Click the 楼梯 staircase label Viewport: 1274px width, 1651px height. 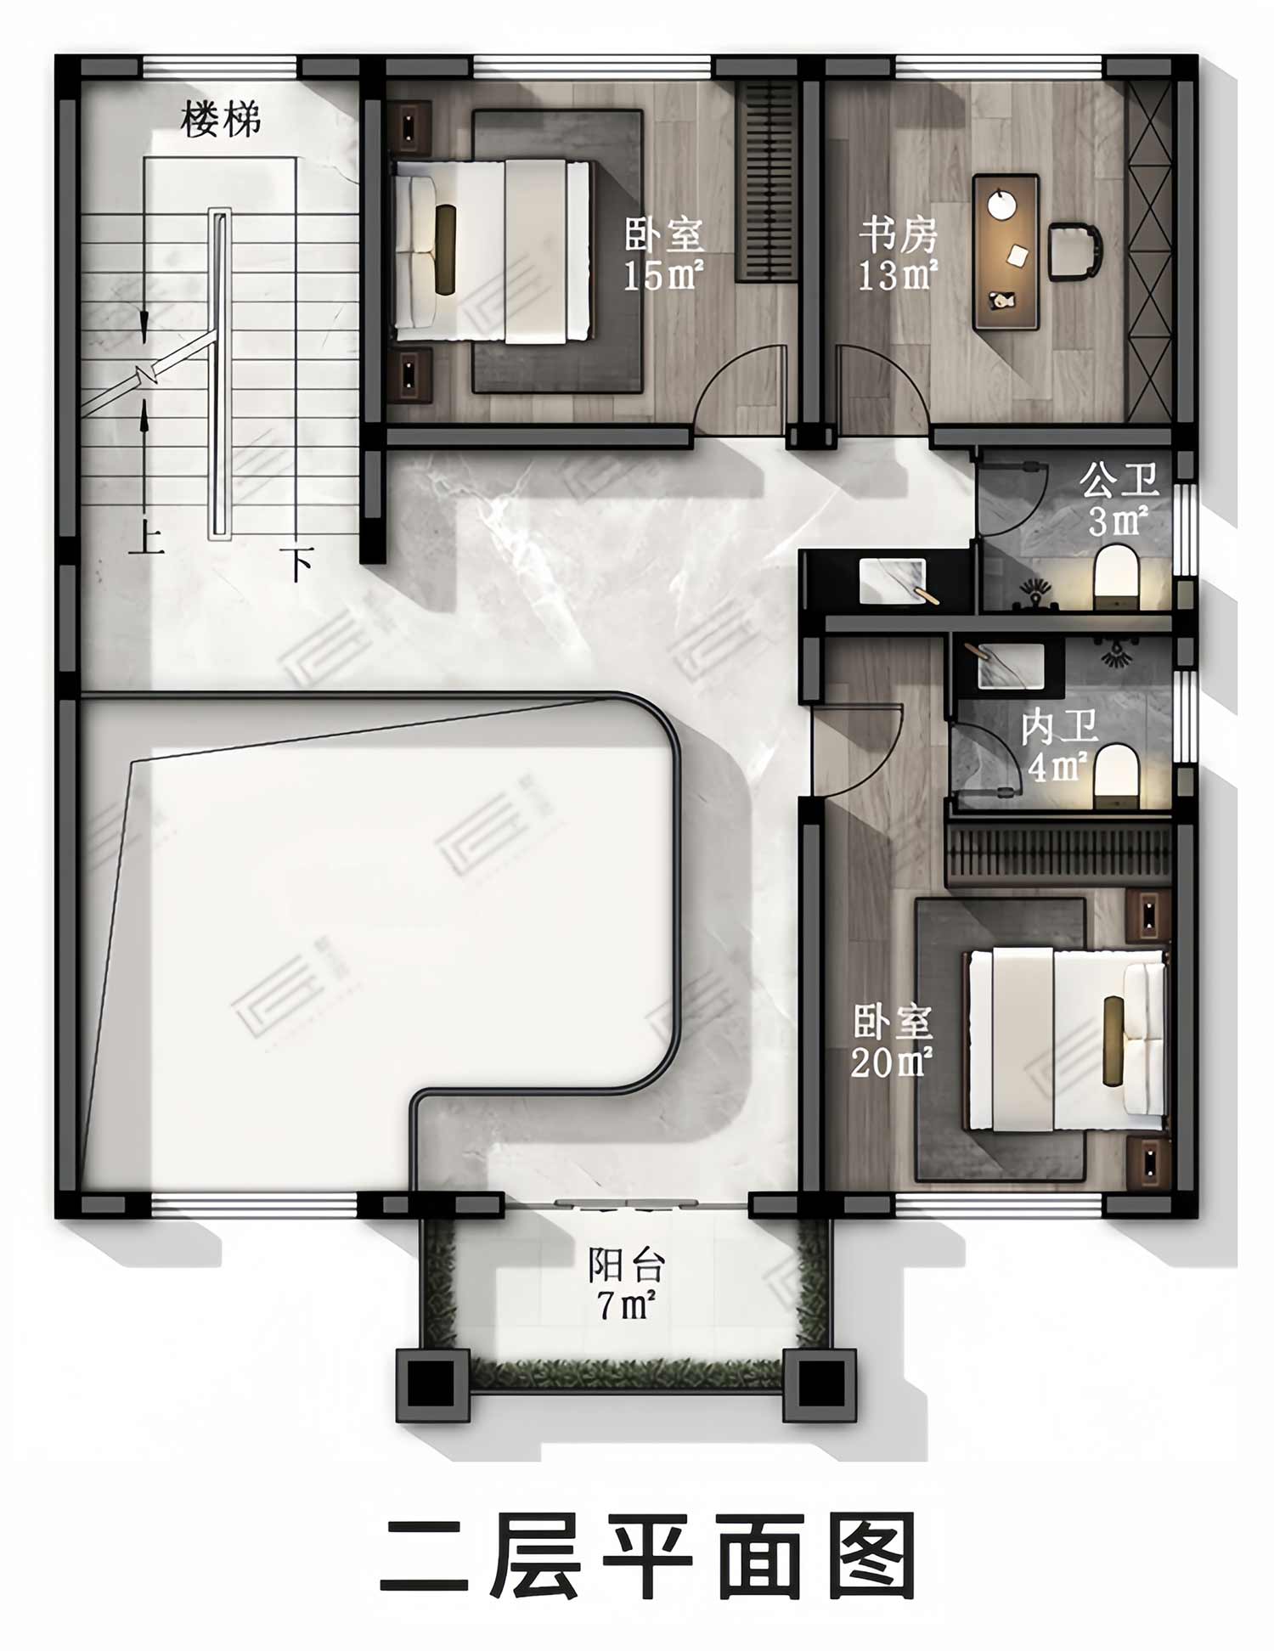[220, 120]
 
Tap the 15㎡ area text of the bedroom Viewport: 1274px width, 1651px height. [662, 275]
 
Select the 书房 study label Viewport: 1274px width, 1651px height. [897, 235]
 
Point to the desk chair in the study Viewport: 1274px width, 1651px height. [1074, 251]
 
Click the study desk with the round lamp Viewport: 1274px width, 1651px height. [1006, 251]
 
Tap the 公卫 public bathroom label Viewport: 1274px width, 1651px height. [1119, 481]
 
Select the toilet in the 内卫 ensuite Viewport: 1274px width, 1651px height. [1115, 775]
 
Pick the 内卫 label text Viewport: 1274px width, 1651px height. [1059, 727]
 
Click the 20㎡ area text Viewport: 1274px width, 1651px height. [891, 1062]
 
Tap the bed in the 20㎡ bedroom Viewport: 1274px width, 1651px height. [1066, 1040]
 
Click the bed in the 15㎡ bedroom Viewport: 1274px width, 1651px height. [492, 251]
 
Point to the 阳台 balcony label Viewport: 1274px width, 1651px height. [626, 1266]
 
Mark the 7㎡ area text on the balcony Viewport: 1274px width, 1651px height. [626, 1304]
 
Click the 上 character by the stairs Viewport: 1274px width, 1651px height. [146, 538]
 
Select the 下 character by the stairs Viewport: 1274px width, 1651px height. [297, 563]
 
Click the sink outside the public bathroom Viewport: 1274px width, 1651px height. [893, 581]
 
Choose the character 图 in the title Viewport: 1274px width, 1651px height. [871, 1556]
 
